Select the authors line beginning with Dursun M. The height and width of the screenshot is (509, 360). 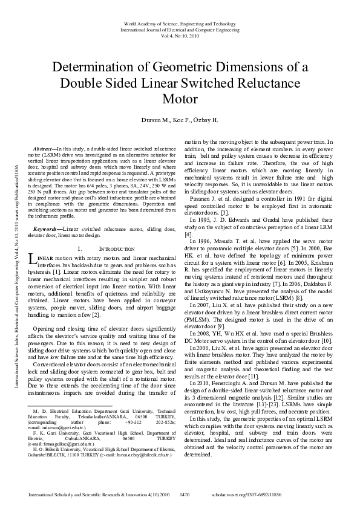180,121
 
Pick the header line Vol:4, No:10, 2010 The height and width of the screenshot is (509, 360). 180,35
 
